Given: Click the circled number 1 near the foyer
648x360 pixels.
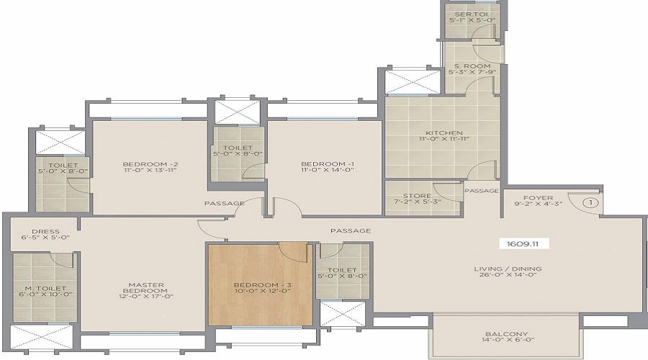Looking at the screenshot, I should click(x=590, y=203).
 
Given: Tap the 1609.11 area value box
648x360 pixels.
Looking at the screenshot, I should click(x=524, y=243).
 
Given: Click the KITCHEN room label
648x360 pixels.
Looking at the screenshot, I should click(x=439, y=133).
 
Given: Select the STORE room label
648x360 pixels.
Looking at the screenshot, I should click(x=417, y=196).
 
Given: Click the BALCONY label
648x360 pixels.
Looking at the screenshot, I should click(x=506, y=335).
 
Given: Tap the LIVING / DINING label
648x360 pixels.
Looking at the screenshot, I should click(x=508, y=269).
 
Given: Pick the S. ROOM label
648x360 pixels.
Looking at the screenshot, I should click(x=468, y=64).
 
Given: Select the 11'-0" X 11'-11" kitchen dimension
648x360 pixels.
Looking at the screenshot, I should click(x=439, y=141).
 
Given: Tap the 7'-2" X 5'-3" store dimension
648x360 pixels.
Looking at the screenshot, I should click(x=417, y=204).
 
